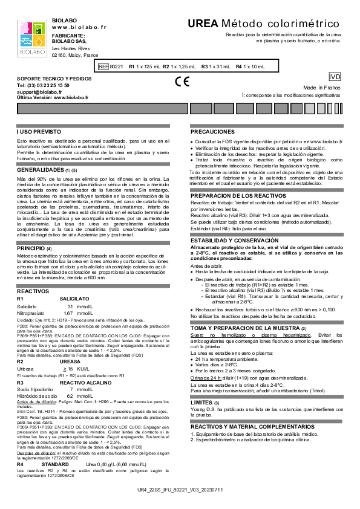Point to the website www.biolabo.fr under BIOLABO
[79, 27]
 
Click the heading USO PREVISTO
[38, 131]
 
